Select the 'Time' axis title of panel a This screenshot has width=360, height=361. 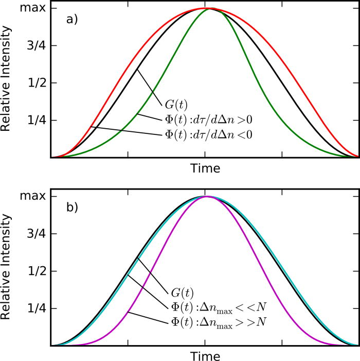click(205, 168)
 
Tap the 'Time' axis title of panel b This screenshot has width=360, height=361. click(205, 356)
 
